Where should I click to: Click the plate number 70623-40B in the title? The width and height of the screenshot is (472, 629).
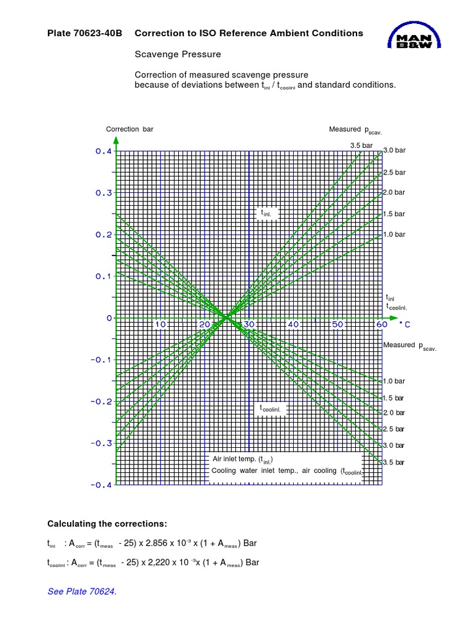click(x=99, y=33)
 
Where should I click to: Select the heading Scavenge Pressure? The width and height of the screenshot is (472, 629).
click(x=178, y=55)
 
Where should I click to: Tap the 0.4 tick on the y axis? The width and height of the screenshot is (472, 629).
click(x=104, y=151)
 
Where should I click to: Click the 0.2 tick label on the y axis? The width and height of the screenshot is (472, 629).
click(x=104, y=235)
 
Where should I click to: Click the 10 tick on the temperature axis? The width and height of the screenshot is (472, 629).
click(x=160, y=324)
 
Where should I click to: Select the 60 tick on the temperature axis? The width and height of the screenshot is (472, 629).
click(x=381, y=324)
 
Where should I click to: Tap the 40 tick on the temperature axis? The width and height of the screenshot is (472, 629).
click(x=293, y=324)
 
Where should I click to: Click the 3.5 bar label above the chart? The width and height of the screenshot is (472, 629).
click(x=361, y=146)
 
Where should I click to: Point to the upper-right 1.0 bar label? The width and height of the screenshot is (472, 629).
click(x=394, y=235)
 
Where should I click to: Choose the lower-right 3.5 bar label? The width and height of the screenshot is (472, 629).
click(x=394, y=462)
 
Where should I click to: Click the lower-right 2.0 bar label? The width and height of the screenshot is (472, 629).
click(x=394, y=413)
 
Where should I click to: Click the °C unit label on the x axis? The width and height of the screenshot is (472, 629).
click(x=404, y=324)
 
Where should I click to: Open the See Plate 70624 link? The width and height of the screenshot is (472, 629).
click(x=82, y=592)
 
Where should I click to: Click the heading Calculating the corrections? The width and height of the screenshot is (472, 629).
click(x=107, y=523)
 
